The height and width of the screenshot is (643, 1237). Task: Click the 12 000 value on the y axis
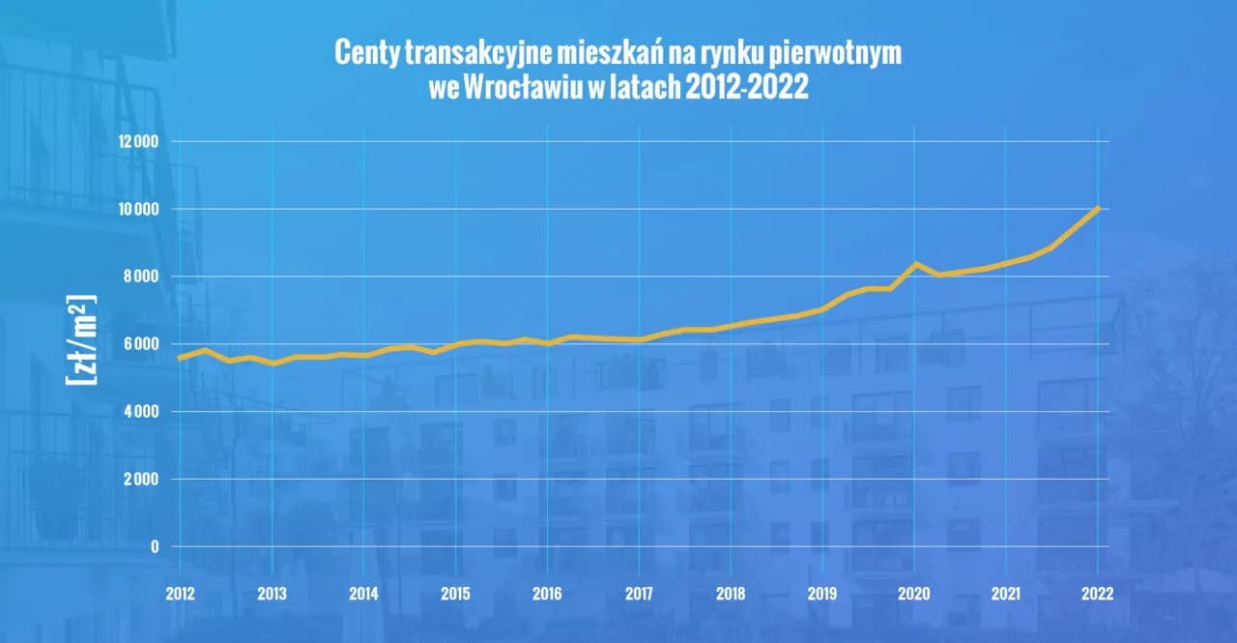pos(139,141)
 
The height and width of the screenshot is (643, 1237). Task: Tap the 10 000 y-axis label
pos(139,209)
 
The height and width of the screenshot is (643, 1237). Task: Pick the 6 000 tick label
pos(142,344)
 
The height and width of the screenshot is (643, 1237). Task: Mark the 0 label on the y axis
pos(154,547)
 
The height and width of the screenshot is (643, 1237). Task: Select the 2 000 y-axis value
pos(142,480)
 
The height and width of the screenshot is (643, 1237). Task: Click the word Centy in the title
pos(364,53)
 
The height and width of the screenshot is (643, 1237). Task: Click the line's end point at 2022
pos(1098,208)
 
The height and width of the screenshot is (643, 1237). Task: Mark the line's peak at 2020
pos(915,263)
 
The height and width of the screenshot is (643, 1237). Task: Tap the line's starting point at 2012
pos(180,358)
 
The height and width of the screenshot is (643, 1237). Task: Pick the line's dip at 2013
pos(273,364)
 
